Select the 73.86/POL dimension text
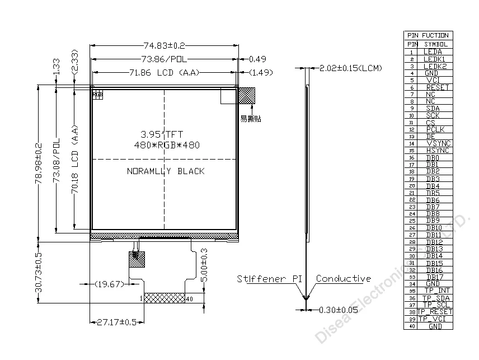click(x=163, y=59)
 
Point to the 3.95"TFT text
click(x=161, y=134)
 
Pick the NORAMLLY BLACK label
click(x=166, y=171)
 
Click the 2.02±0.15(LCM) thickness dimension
click(x=350, y=68)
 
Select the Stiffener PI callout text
click(x=269, y=279)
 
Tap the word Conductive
click(x=343, y=279)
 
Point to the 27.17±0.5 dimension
click(x=116, y=322)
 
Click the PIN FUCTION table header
click(x=428, y=35)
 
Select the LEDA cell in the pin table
click(x=433, y=52)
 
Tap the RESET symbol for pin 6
click(x=437, y=87)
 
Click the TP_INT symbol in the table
click(x=436, y=291)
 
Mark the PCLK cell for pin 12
click(x=435, y=129)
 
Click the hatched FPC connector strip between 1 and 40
click(x=165, y=299)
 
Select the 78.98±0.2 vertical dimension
click(x=39, y=162)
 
